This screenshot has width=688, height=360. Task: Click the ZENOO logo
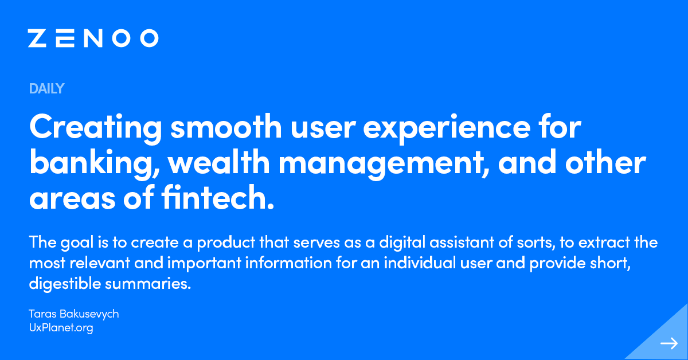click(x=93, y=38)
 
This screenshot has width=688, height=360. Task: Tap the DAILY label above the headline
click(x=46, y=89)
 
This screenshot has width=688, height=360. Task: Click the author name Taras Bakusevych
click(x=73, y=314)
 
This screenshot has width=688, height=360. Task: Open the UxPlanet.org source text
click(x=61, y=328)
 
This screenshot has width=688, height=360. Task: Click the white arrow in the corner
click(x=669, y=343)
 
